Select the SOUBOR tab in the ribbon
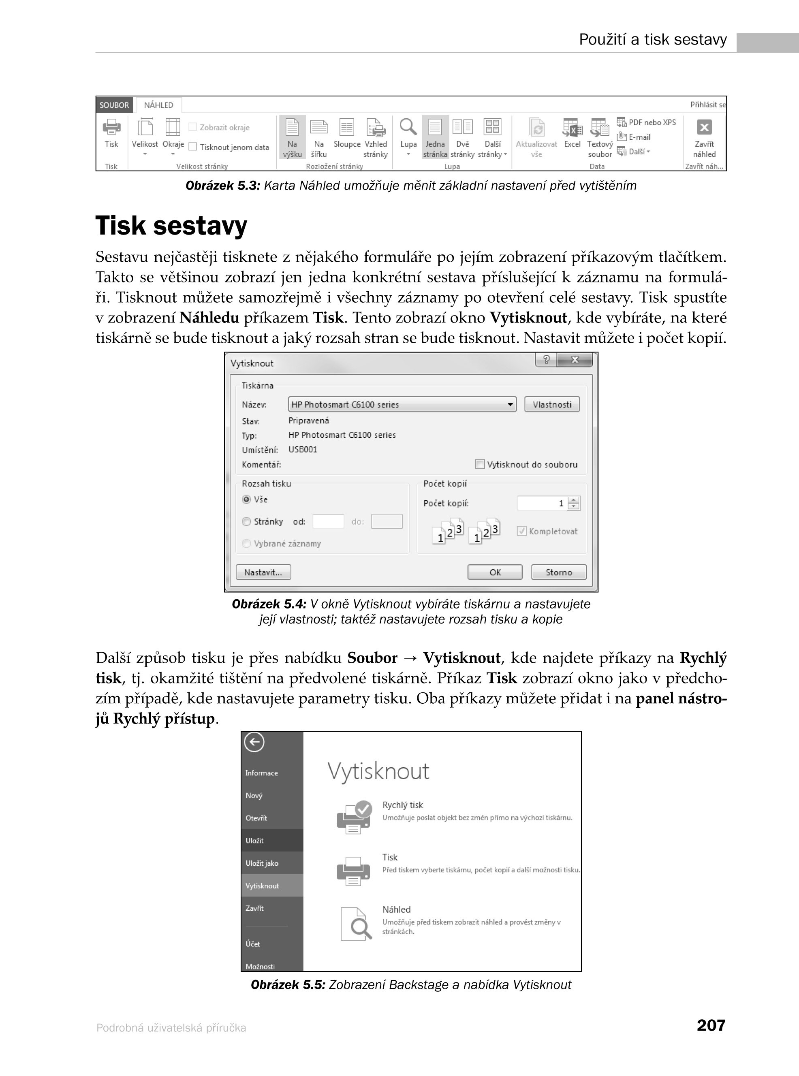coord(114,105)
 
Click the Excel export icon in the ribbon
coord(572,128)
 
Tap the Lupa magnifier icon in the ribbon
coord(408,127)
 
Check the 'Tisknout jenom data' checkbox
coord(192,147)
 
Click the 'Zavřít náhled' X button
coord(704,128)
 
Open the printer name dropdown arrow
coord(510,404)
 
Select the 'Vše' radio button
coord(247,499)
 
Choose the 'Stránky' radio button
coord(247,521)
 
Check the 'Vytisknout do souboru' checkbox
coord(480,464)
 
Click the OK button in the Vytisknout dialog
coord(495,572)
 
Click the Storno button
coord(559,572)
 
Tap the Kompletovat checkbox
coord(521,531)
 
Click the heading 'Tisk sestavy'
coord(171,226)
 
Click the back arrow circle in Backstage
coord(254,742)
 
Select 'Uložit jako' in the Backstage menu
coord(262,863)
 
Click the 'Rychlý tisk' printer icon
coord(354,817)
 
